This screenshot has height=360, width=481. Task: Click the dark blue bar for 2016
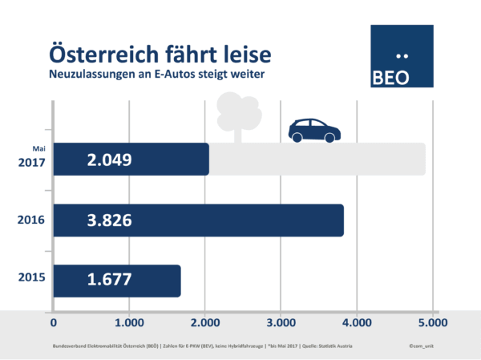(240, 220)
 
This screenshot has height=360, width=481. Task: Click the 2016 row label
(30, 220)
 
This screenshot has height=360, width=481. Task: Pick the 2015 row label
(30, 281)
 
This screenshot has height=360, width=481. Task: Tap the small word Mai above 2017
(37, 148)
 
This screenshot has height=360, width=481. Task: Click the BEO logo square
(402, 55)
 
